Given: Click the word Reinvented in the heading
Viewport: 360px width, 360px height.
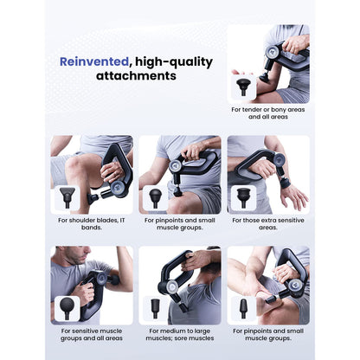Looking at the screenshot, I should [x=89, y=61].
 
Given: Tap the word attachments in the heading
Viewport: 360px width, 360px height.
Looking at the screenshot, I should [x=140, y=76].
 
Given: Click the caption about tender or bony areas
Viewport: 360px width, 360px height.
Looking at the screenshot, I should [x=268, y=113].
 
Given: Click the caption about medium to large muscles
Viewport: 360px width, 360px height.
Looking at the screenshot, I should [x=180, y=334].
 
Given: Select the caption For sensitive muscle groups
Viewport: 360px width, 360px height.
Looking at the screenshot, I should [x=91, y=334].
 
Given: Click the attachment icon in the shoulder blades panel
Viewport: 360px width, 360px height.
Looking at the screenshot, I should [x=67, y=196].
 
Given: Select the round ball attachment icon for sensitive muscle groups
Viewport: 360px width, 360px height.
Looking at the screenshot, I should [x=67, y=307].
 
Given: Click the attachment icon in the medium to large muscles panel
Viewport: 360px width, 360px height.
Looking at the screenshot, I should [x=156, y=307].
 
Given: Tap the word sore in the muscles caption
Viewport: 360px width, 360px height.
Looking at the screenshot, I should [x=180, y=338].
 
